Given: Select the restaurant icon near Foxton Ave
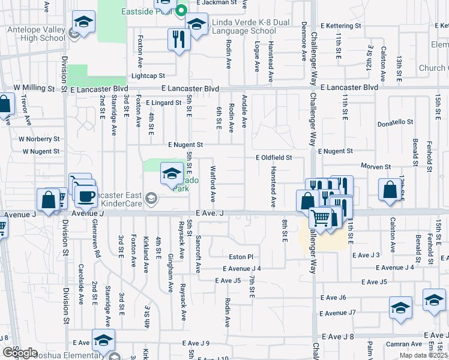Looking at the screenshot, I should [x=179, y=40].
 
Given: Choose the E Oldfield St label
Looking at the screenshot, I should [x=273, y=158].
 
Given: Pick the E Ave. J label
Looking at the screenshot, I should [x=209, y=213].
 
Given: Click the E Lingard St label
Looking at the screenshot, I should [x=163, y=103].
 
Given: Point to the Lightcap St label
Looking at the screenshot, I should [x=148, y=76].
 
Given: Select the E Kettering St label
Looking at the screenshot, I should [x=340, y=26].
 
